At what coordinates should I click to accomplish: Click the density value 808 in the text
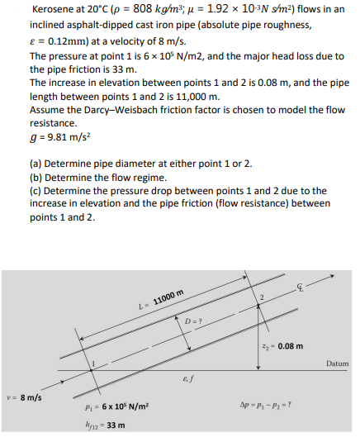click(x=143, y=9)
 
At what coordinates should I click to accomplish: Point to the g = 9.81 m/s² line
click(x=60, y=137)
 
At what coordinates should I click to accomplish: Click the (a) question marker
click(x=36, y=164)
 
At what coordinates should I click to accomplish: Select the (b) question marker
click(x=36, y=178)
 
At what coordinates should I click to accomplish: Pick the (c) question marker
click(x=36, y=191)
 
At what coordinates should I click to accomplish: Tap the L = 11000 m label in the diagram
click(x=161, y=298)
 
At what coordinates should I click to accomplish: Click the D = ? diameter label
click(x=193, y=321)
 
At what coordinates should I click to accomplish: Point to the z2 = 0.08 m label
click(x=282, y=346)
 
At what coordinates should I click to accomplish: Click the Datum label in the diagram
click(x=337, y=364)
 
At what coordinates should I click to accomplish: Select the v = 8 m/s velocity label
click(x=25, y=397)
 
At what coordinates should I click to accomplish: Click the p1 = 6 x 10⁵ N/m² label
click(x=116, y=406)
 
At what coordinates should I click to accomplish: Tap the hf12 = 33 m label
click(x=105, y=425)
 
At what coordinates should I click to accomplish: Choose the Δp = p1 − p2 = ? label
click(x=265, y=405)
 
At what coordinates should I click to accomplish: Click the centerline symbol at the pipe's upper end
click(x=300, y=288)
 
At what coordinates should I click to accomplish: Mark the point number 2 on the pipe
click(x=262, y=297)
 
